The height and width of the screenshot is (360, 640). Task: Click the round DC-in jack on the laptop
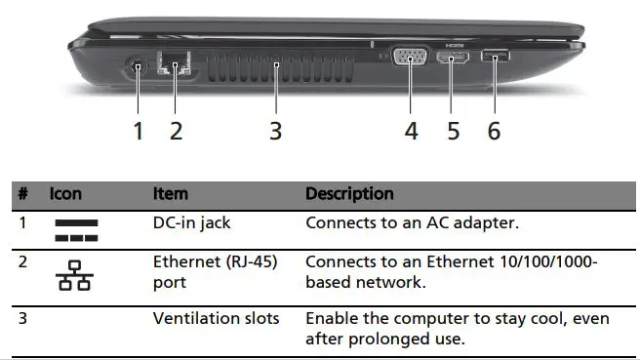tap(138, 68)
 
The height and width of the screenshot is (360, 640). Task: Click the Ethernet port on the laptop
tap(176, 68)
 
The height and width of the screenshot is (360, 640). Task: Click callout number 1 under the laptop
tap(139, 130)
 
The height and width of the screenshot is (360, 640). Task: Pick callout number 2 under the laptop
tap(176, 130)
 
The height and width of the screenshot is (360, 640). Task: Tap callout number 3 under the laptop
tap(276, 130)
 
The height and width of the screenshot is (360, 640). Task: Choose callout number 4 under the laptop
tap(412, 130)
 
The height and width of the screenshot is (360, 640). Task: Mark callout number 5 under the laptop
tap(454, 130)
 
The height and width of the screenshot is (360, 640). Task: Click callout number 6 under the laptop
tap(495, 130)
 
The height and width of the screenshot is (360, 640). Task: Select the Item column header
tap(171, 194)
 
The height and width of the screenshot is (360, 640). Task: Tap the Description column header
tap(349, 194)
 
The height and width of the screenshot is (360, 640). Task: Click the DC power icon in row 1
tap(76, 230)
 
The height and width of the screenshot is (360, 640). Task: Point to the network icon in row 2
tap(75, 276)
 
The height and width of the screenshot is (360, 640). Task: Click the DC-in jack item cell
tap(192, 222)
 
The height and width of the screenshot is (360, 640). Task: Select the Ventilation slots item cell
tap(217, 319)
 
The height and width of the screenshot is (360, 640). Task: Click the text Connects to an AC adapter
tap(412, 222)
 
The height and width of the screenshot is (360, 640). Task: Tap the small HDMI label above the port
tap(454, 45)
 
